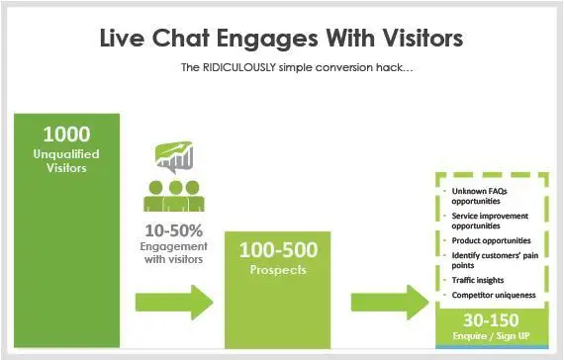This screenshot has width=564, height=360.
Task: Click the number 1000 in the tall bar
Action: (67, 135)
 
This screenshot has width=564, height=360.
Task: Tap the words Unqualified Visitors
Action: (67, 161)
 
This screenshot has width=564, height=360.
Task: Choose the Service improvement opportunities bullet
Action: (488, 221)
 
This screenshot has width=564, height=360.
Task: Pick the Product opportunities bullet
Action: (492, 240)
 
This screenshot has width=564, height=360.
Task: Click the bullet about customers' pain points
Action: (491, 260)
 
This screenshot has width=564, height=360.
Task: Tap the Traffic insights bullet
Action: (480, 280)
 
